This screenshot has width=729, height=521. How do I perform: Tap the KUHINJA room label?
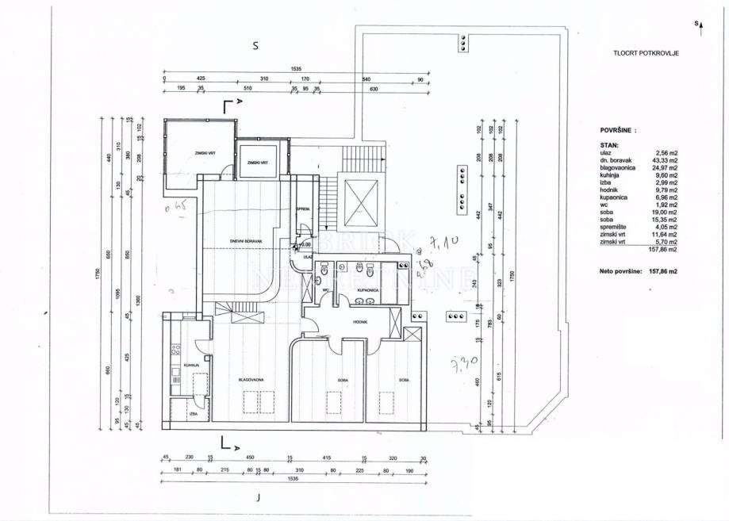tap(191, 365)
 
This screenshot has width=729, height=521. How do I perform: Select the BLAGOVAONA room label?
tap(251, 380)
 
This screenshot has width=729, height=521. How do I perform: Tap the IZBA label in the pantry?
tap(193, 414)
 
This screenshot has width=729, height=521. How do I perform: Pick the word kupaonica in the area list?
tap(616, 197)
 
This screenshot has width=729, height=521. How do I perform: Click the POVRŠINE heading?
tap(618, 128)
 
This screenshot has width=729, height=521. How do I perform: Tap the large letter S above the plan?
tap(255, 45)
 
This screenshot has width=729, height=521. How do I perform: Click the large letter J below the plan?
tap(259, 498)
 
